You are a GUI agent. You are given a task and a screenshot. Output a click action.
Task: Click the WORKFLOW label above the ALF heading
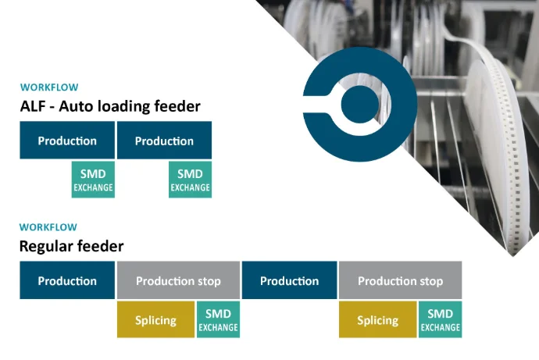coord(49,87)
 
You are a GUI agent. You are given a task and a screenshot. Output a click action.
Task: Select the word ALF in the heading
coord(34,106)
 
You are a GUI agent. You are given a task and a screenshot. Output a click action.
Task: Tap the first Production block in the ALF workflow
coord(67,141)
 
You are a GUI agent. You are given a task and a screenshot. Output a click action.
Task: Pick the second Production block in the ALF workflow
coord(164,141)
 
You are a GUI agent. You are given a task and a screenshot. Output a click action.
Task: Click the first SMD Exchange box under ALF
coord(93,180)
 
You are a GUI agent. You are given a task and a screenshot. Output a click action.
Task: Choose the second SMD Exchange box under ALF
coord(190,180)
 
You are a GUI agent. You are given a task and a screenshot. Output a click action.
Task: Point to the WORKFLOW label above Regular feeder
coord(48,227)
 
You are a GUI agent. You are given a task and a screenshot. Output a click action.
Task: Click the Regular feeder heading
coord(72,246)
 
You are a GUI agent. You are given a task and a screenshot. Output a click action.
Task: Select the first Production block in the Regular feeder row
coord(67,281)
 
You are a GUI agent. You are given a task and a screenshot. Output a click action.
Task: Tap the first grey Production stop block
coord(178,281)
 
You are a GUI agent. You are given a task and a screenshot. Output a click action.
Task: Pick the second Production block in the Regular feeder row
coord(289,281)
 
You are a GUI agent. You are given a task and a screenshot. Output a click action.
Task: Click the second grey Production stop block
coord(400,281)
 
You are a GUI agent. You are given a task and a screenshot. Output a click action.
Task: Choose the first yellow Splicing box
coord(155,320)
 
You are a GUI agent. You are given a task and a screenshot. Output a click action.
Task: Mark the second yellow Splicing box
coord(377,320)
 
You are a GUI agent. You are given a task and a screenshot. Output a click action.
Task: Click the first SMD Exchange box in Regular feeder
coord(218,320)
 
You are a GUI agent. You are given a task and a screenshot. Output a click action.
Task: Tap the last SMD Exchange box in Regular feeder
coord(440,320)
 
